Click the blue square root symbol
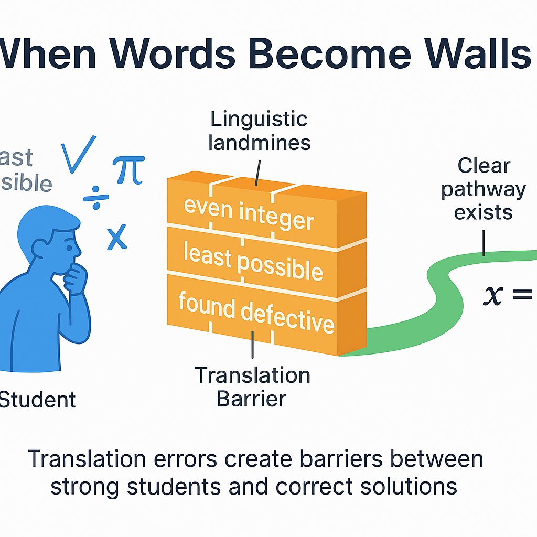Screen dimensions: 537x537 click(x=79, y=154)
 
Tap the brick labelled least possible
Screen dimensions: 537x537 click(x=253, y=261)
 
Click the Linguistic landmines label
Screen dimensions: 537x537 click(x=259, y=131)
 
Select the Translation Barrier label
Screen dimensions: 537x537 click(x=252, y=387)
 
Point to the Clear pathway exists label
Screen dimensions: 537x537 click(x=483, y=189)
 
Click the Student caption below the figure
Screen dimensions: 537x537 click(x=37, y=400)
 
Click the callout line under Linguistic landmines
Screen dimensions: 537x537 click(x=257, y=171)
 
